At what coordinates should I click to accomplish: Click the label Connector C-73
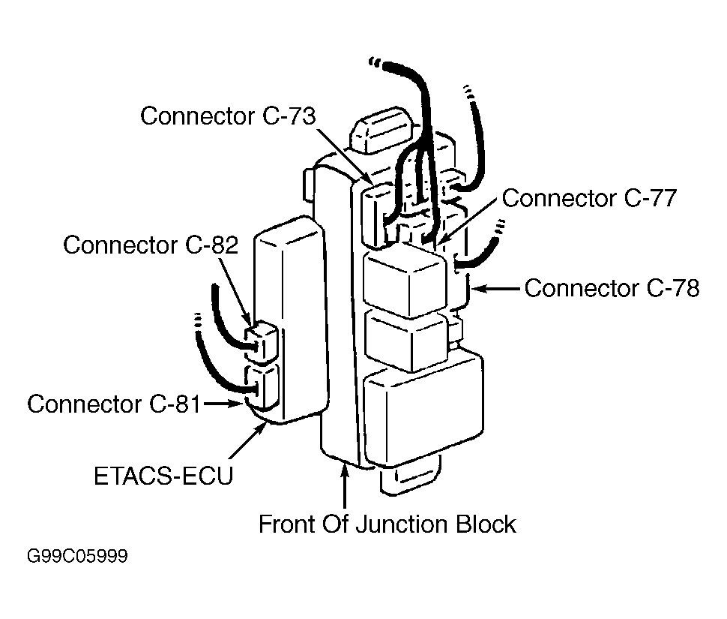228,116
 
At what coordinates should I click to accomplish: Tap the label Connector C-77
589,198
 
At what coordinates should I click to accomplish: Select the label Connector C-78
612,288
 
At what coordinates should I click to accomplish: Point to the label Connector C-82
151,245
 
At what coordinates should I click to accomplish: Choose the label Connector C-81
114,404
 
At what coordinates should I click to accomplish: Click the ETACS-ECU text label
163,476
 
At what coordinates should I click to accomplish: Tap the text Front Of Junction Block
387,524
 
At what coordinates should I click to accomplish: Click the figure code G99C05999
77,556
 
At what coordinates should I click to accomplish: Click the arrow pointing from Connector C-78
495,289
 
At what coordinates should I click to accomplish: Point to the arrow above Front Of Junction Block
345,487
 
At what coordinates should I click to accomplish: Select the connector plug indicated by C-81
262,387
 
